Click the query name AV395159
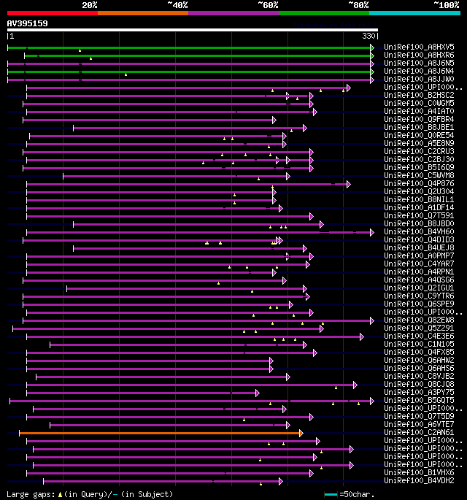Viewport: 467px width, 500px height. pos(28,23)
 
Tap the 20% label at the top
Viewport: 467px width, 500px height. pos(89,5)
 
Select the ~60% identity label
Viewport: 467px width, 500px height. pos(268,5)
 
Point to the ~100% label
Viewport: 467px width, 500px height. pos(446,5)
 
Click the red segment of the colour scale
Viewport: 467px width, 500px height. pos(52,13)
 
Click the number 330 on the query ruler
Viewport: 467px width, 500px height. pos(368,36)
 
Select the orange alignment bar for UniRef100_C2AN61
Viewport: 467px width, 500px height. pos(161,433)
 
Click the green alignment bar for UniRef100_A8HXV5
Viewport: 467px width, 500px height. pos(190,47)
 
